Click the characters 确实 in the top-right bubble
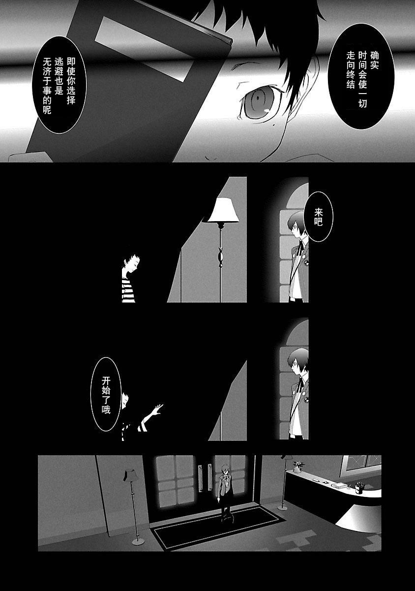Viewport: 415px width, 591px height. [374, 61]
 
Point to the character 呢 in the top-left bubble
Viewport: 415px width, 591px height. [47, 109]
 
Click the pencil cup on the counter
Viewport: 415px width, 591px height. [358, 489]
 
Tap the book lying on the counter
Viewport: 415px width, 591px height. [338, 485]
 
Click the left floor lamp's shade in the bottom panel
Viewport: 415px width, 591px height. [129, 475]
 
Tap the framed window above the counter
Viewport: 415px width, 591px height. [361, 467]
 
